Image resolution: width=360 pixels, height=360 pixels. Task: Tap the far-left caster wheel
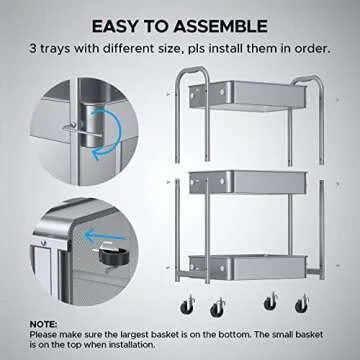pos(188,302)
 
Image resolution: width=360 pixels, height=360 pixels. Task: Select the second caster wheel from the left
pos(217,306)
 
